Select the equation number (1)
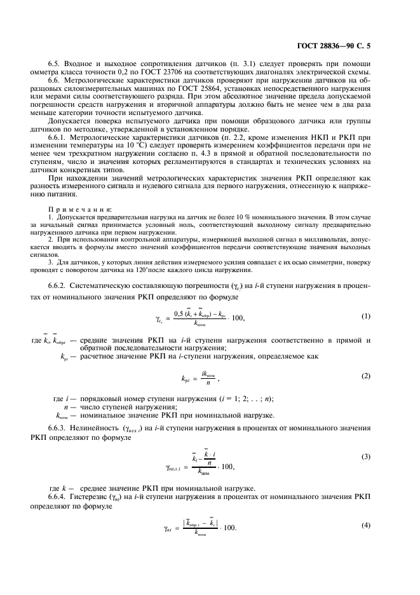click(x=366, y=317)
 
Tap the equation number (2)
click(x=366, y=376)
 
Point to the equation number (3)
click(x=366, y=457)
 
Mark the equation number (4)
click(x=366, y=524)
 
